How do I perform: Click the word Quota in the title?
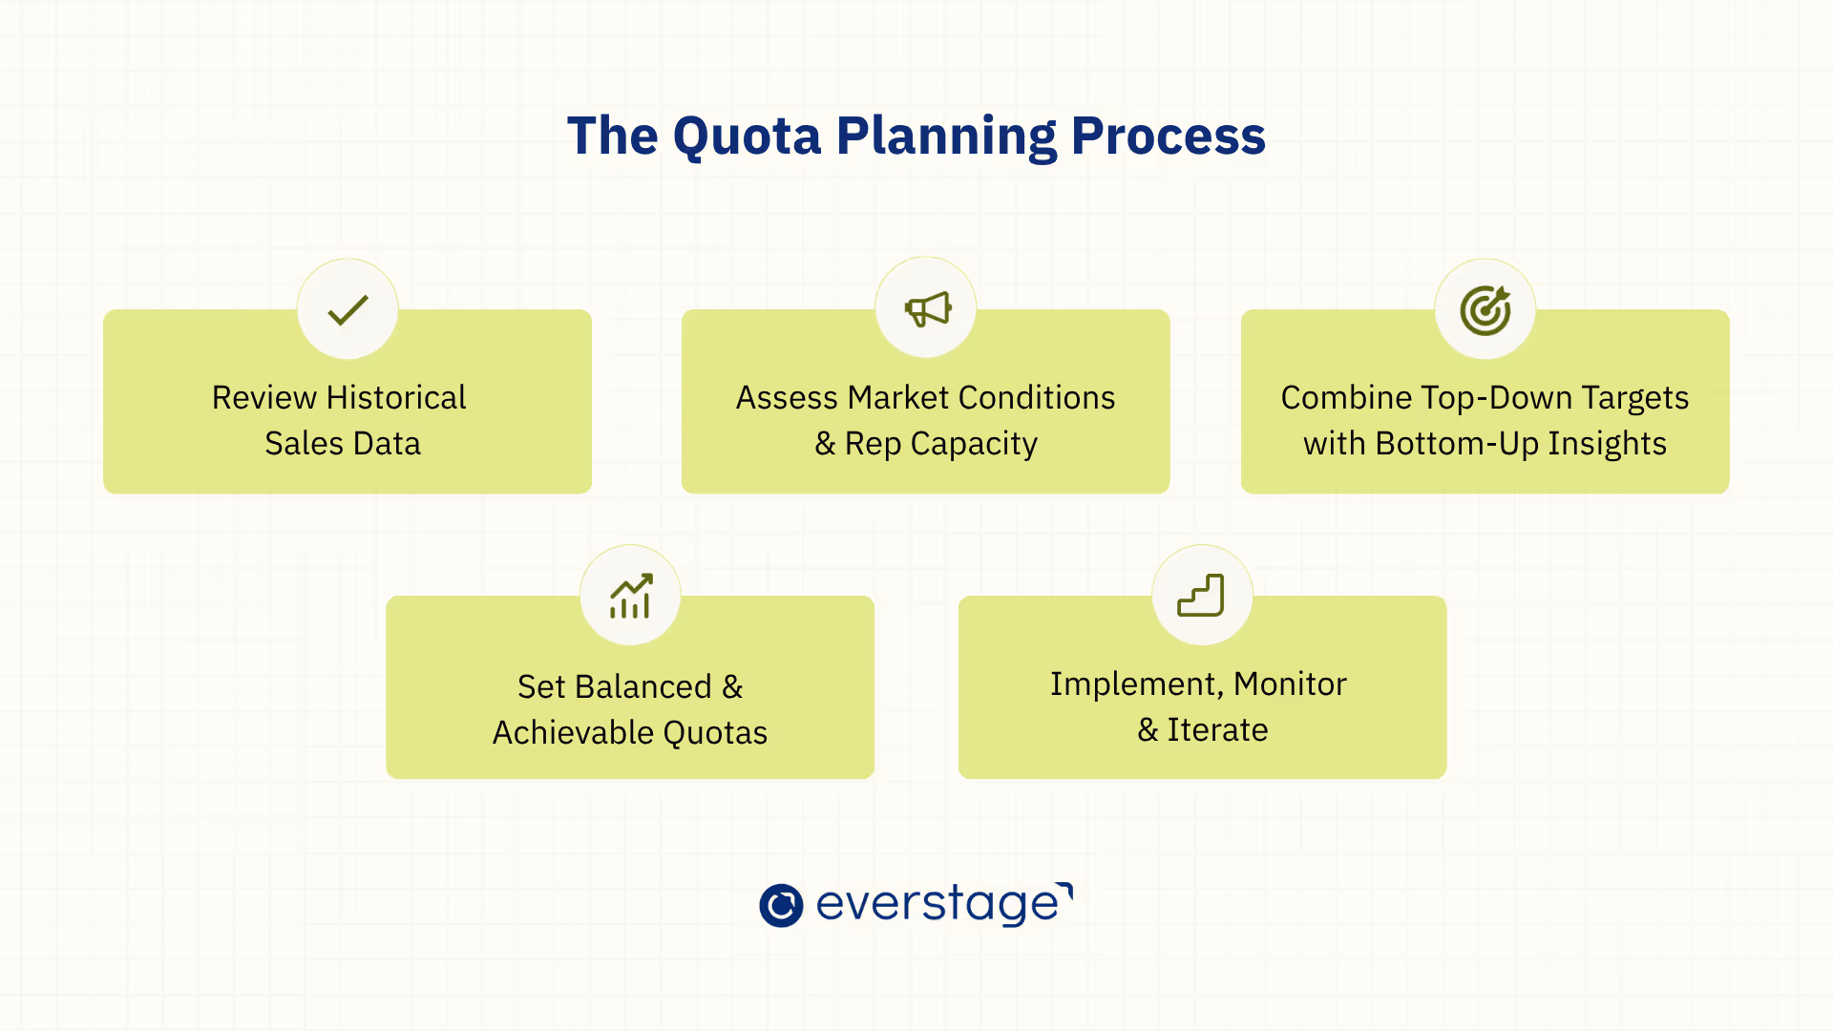tap(747, 137)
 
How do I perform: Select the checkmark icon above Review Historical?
tap(348, 309)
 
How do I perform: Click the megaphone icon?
tap(927, 308)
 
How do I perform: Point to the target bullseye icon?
tap(1485, 310)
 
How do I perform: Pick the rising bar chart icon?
tap(631, 596)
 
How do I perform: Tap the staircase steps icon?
tap(1201, 596)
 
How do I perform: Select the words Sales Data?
tap(343, 443)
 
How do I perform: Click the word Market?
tap(897, 397)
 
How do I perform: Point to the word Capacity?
tap(973, 444)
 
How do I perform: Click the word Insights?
tap(1607, 443)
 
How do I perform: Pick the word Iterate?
tap(1217, 729)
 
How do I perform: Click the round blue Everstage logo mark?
tap(781, 905)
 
